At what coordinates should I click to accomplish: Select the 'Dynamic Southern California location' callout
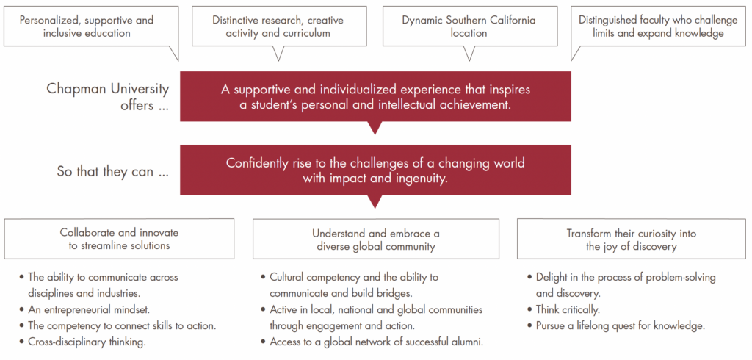(x=469, y=26)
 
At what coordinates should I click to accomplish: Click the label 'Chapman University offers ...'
(x=107, y=96)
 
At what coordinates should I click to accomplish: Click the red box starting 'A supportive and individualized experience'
(x=375, y=96)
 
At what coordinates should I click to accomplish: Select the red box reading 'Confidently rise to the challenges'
(x=375, y=170)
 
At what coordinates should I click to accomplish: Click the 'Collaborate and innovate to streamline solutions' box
(x=119, y=239)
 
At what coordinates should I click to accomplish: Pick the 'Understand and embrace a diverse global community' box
(x=375, y=239)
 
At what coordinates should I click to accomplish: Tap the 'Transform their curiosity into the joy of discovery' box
(x=631, y=239)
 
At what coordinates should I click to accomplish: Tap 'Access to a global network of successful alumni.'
(x=376, y=342)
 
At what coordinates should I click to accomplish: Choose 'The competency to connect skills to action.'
(x=121, y=325)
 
